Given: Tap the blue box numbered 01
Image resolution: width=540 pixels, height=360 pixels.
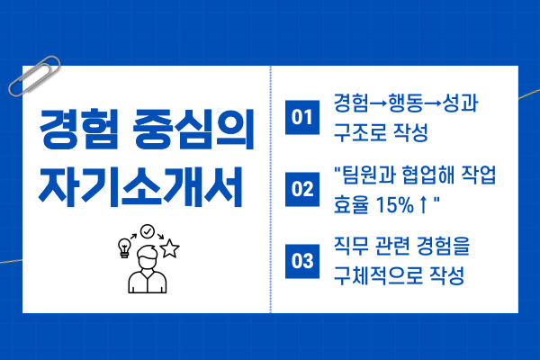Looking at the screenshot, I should pyautogui.click(x=302, y=116).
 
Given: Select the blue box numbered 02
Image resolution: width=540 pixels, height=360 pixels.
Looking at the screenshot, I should pyautogui.click(x=302, y=189).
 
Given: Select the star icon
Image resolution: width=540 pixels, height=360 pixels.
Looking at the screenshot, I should pyautogui.click(x=169, y=247).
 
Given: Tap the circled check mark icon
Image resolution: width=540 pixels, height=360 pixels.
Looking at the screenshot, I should pyautogui.click(x=147, y=230).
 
